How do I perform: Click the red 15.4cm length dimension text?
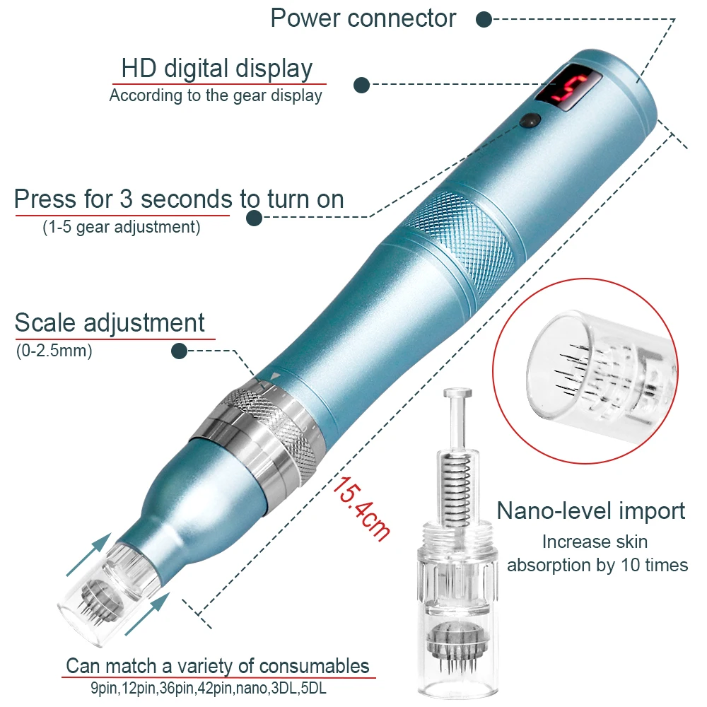point(361,508)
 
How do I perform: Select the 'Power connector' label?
point(363,18)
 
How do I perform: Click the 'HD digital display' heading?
point(216,69)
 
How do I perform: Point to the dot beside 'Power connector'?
point(484,19)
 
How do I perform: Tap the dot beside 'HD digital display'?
point(362,85)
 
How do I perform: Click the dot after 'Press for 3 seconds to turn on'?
point(255,218)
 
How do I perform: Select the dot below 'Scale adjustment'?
point(180,351)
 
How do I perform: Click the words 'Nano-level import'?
point(590,510)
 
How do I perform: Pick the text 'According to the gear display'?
point(216,95)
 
